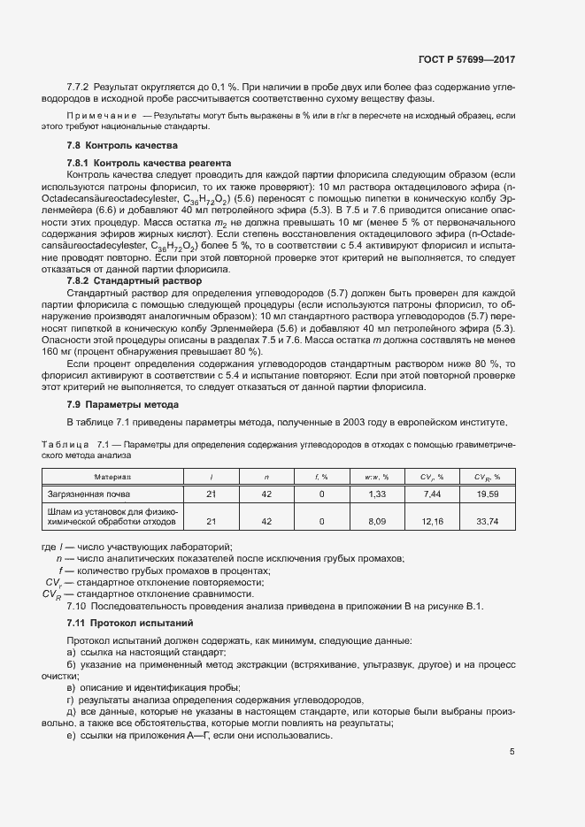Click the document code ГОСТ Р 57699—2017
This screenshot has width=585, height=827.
pos(466,59)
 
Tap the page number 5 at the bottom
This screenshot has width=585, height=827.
pos(512,752)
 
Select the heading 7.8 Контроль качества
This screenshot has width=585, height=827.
pos(123,145)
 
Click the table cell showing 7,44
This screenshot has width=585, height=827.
pos(433,494)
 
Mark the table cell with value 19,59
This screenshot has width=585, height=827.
pos(488,494)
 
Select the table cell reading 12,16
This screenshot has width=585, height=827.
pos(433,522)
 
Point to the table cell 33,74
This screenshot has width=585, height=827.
pos(488,522)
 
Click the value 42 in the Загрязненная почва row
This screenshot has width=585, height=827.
pos(266,494)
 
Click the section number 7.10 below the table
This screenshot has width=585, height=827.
pos(76,606)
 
